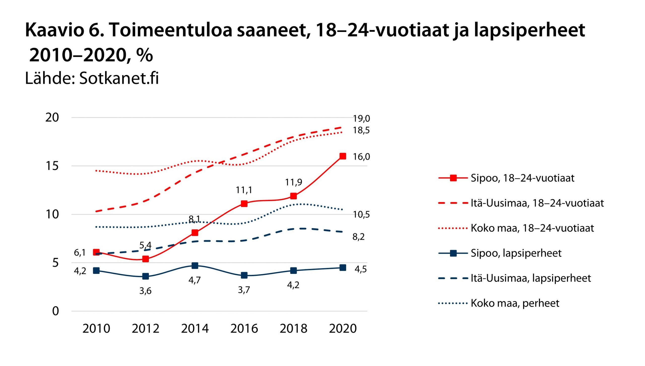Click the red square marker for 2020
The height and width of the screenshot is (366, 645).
(x=343, y=156)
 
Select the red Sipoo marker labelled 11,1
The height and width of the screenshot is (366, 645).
(x=244, y=203)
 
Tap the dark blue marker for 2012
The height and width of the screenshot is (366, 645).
(x=146, y=276)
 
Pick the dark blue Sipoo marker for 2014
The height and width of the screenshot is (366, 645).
(x=195, y=266)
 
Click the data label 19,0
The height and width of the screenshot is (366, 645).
(x=361, y=119)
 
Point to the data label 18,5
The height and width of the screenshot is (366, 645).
(x=361, y=130)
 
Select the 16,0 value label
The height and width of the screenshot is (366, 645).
(x=361, y=157)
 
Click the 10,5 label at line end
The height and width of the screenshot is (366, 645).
(x=361, y=215)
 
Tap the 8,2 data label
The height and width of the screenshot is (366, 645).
(x=358, y=237)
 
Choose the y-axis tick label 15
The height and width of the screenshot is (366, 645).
(x=52, y=166)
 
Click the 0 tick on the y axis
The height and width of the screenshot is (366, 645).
(x=55, y=311)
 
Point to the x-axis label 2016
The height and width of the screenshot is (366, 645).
(x=244, y=328)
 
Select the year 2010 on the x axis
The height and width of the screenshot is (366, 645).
(x=96, y=328)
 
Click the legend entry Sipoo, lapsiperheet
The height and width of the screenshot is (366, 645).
(x=516, y=253)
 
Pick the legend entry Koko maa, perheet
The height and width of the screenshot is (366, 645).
(x=515, y=303)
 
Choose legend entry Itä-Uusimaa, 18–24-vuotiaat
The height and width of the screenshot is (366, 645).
(x=537, y=203)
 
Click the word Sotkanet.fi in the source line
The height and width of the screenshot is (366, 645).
(x=119, y=78)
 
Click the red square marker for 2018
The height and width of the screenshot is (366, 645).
(x=293, y=196)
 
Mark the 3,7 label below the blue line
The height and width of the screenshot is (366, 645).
(x=244, y=290)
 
